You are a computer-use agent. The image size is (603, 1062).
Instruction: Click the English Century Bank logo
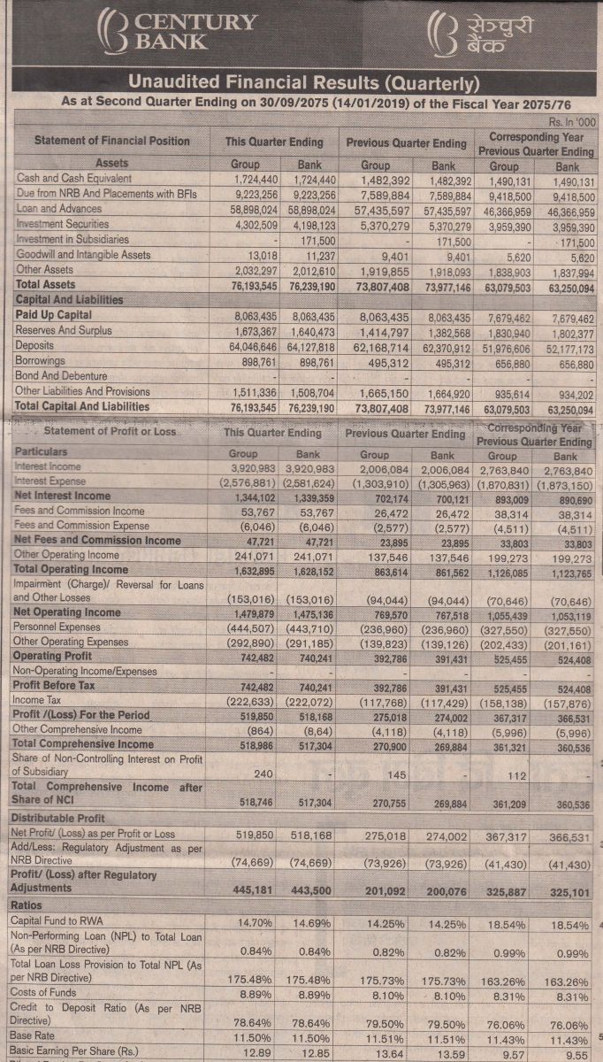(177, 32)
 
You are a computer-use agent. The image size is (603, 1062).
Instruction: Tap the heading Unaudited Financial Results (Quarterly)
(303, 82)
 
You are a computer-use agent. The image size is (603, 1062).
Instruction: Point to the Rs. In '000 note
(572, 122)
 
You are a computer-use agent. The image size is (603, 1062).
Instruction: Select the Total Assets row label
(45, 284)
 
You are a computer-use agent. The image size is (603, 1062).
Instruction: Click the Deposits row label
(34, 345)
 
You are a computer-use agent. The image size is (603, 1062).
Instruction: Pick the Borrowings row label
(40, 360)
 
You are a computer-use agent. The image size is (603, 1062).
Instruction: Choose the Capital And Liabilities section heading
(69, 300)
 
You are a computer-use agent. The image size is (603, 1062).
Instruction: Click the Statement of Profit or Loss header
(110, 431)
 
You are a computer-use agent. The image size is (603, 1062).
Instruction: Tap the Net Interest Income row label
(62, 496)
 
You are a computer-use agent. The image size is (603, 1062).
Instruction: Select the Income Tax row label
(36, 700)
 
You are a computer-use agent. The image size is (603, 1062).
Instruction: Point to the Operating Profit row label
(52, 656)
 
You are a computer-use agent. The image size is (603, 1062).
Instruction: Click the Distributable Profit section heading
(57, 818)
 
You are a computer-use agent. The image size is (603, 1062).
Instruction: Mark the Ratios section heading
(26, 905)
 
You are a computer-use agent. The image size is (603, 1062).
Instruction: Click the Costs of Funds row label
(43, 992)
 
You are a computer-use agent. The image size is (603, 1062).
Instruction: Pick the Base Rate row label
(32, 1035)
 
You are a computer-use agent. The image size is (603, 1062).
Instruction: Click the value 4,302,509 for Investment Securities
(256, 225)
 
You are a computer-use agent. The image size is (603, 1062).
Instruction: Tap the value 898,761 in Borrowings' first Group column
(259, 362)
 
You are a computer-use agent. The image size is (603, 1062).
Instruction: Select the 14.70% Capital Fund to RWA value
(255, 922)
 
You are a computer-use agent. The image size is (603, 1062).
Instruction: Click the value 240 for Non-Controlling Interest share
(263, 773)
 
